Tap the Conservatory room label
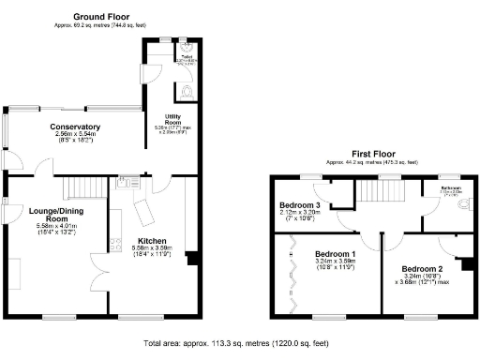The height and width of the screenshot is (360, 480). (x=78, y=127)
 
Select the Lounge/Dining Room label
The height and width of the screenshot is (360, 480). (x=52, y=215)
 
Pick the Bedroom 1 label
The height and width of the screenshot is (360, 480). (x=335, y=254)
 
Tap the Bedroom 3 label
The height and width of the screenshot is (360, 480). (x=299, y=204)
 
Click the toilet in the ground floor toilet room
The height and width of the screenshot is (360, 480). (x=188, y=91)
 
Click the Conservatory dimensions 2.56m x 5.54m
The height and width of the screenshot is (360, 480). (x=78, y=134)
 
